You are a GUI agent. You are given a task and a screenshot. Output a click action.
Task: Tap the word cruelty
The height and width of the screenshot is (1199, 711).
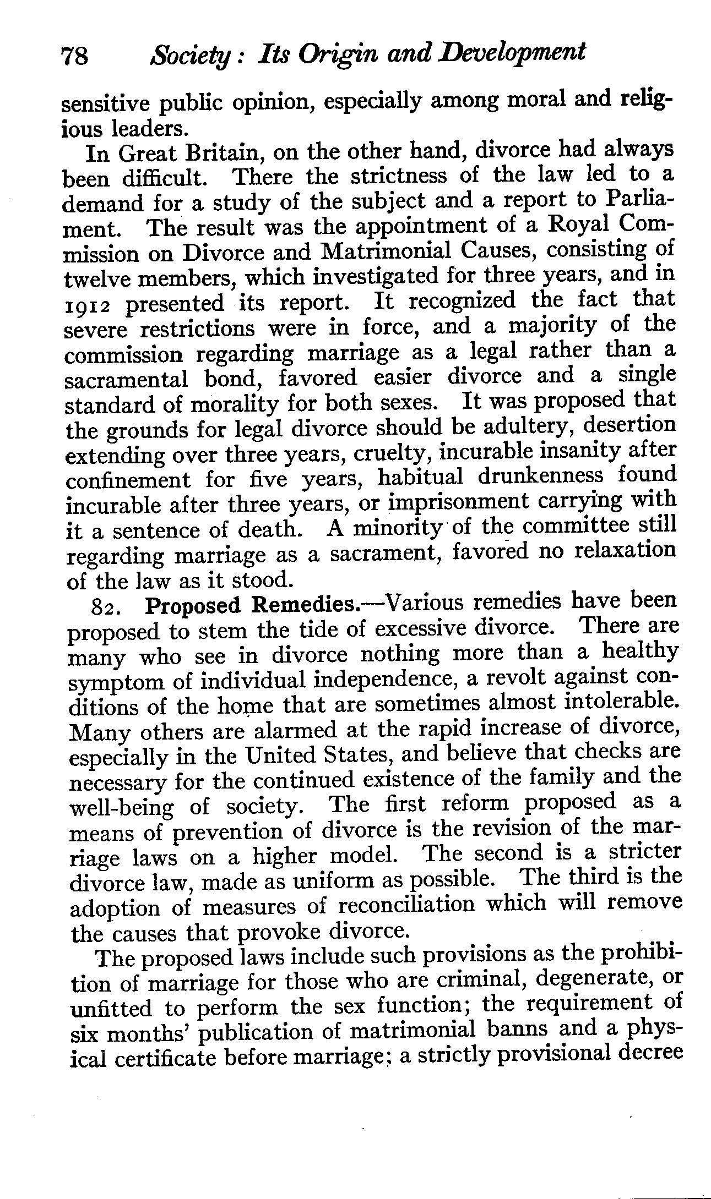pos(391,454)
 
